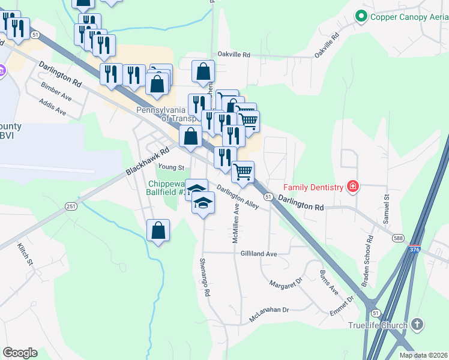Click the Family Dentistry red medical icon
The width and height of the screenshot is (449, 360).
[x=353, y=187]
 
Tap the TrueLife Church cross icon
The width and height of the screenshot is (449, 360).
[x=417, y=325]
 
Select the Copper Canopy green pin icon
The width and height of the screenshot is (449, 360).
[x=361, y=16]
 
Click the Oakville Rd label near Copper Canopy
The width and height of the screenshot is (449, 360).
[x=327, y=46]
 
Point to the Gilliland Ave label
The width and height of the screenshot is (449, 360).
[x=259, y=254]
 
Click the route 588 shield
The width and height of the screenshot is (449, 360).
[x=398, y=238]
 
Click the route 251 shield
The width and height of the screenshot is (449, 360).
[x=71, y=206]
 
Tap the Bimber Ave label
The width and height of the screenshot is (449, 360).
[x=56, y=91]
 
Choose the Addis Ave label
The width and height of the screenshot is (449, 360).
[x=52, y=107]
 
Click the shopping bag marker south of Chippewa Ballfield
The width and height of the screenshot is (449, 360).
[x=158, y=230]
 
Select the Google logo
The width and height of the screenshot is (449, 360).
[x=20, y=352]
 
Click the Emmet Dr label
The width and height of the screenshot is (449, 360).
[x=343, y=306]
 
